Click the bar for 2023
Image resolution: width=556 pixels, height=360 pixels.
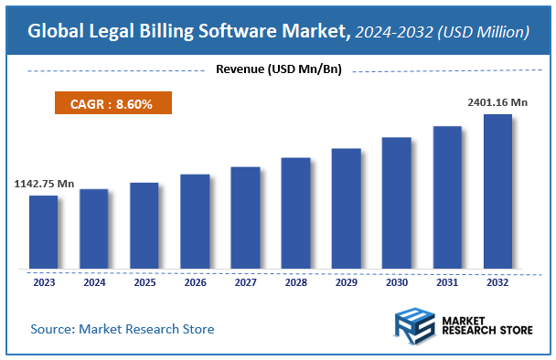click(44, 233)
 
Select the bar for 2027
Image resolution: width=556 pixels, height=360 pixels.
click(245, 218)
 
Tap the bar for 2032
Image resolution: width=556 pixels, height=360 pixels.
click(497, 192)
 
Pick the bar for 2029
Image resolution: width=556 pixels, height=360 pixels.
click(346, 209)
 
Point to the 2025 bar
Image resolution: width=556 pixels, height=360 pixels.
click(144, 227)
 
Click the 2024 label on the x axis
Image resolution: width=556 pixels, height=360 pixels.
click(94, 283)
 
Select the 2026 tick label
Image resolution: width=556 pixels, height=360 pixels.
click(195, 283)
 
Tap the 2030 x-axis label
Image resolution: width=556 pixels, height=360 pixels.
click(396, 283)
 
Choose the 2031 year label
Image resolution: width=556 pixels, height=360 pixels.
click(446, 283)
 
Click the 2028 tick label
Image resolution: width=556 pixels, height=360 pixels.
click(295, 283)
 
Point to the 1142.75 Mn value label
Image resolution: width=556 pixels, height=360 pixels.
click(44, 184)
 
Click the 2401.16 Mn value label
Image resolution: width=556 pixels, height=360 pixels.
click(497, 102)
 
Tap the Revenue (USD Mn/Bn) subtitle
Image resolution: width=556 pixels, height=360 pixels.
click(278, 69)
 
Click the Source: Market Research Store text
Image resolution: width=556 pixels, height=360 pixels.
click(123, 328)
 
